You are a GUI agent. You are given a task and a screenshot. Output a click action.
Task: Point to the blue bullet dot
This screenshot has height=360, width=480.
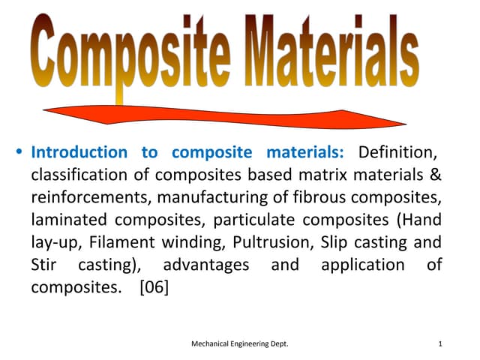tap(19, 153)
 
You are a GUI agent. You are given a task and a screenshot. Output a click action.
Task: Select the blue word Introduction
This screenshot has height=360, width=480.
tap(79, 152)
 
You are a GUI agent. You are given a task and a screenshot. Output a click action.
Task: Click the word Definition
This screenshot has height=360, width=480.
tap(397, 152)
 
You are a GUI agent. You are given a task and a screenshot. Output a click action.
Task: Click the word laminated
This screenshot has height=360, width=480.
tap(69, 220)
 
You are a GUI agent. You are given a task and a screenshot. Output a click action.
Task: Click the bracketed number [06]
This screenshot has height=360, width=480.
tap(154, 287)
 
